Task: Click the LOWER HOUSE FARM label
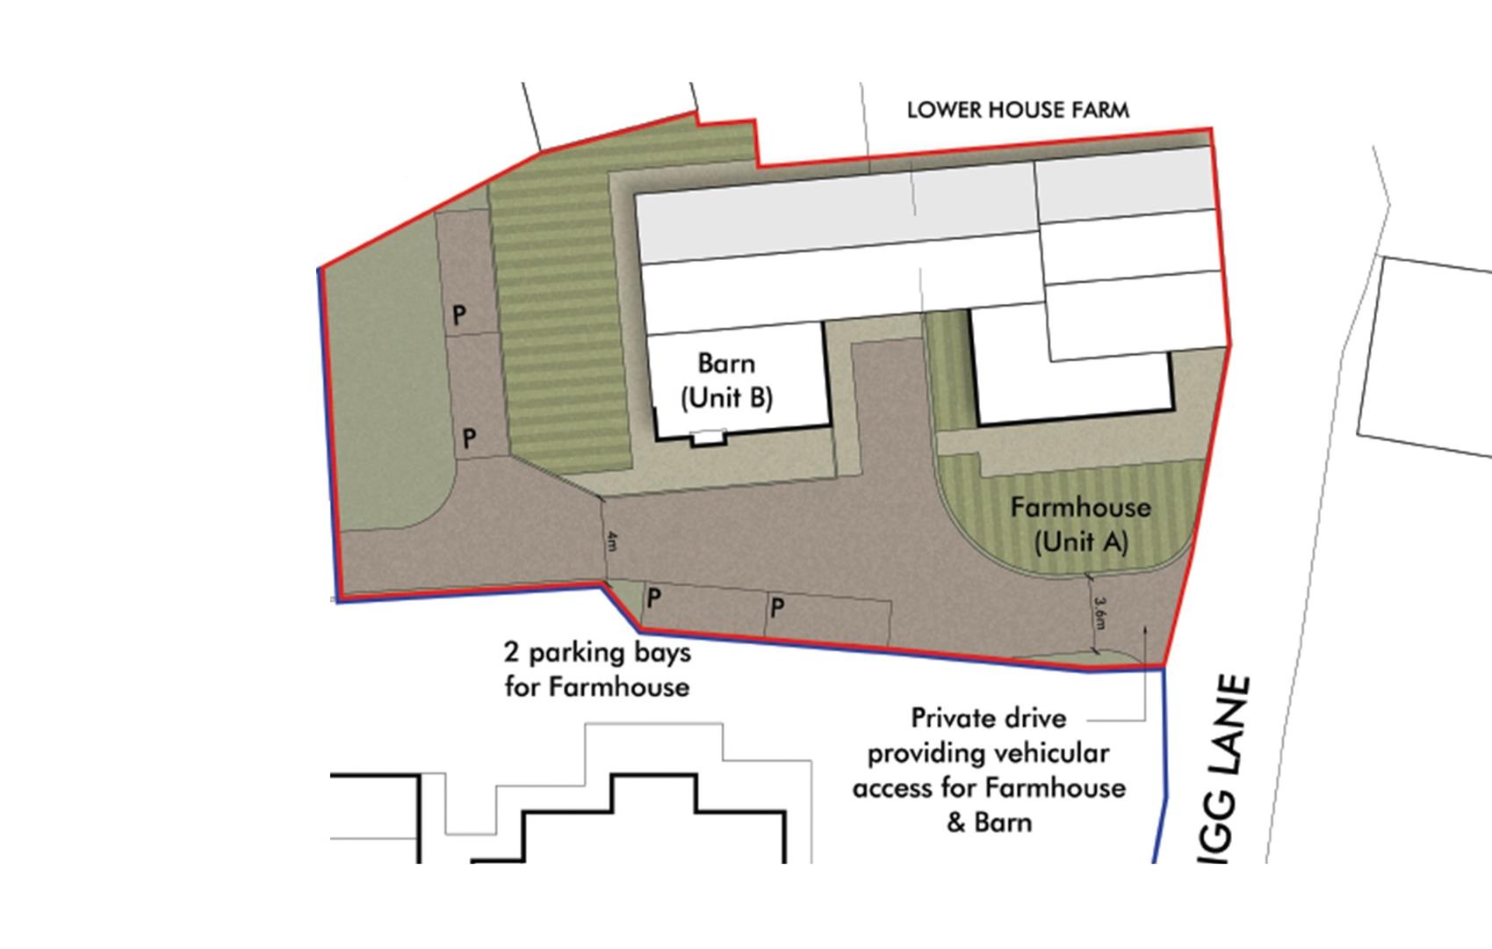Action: click(1018, 110)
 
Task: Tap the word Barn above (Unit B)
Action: click(726, 363)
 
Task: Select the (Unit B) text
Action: click(727, 398)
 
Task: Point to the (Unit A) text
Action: click(1080, 541)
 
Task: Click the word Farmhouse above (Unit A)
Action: click(1080, 507)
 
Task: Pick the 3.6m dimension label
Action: click(1099, 612)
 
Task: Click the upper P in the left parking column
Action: click(458, 315)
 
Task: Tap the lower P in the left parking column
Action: click(469, 438)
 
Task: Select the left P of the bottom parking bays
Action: click(653, 598)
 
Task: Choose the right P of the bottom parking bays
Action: click(777, 606)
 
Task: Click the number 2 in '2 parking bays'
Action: click(510, 652)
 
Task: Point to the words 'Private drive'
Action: click(989, 718)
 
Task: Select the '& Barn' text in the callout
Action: click(989, 823)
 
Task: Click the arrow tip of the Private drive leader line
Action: click(1144, 627)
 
